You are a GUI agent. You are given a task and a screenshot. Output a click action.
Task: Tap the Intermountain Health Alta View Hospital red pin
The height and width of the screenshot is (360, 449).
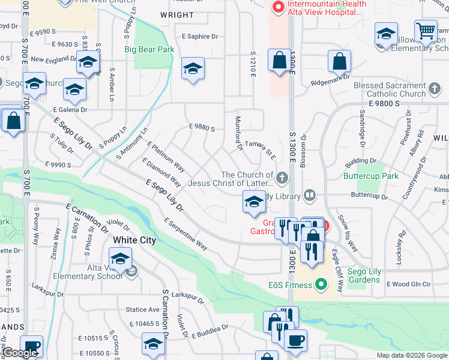click(277, 8)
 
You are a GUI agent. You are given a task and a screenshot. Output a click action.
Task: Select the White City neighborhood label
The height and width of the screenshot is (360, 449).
click(134, 240)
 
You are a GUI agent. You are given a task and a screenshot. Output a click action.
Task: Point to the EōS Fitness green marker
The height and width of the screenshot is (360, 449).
click(321, 283)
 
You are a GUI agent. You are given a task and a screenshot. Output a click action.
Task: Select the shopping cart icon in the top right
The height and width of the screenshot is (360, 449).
click(426, 30)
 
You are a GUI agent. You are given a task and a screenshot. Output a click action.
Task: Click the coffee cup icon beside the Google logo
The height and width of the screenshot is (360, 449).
click(31, 346)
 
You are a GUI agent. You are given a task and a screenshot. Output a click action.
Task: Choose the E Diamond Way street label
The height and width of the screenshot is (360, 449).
click(161, 172)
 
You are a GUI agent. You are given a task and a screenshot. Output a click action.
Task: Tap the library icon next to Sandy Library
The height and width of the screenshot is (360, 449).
click(309, 194)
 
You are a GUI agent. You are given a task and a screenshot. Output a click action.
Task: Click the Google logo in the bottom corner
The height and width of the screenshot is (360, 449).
click(20, 353)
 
